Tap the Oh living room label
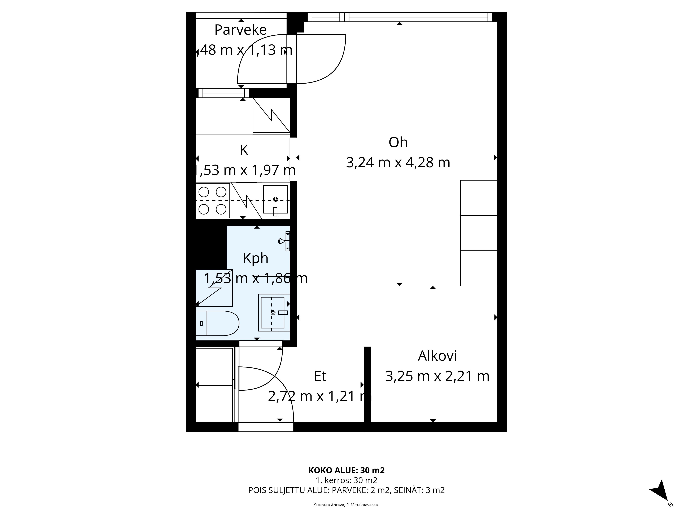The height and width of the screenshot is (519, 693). point(398,143)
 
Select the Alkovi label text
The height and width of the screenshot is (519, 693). point(437,356)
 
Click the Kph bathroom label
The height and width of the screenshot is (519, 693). point(256,258)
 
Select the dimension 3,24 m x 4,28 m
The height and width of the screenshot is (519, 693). point(398,163)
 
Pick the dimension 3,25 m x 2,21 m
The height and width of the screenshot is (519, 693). point(437,376)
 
